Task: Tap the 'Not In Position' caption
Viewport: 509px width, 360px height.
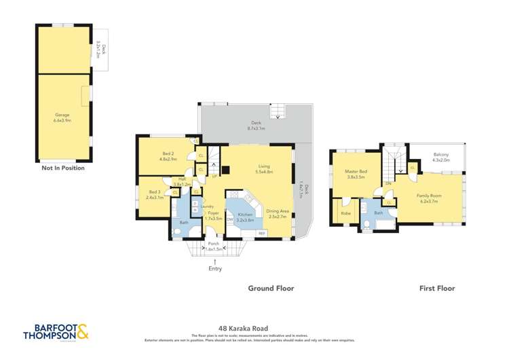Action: (x=63, y=168)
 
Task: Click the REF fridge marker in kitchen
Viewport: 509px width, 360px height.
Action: (x=262, y=234)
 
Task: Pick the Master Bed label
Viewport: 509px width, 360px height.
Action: (x=356, y=175)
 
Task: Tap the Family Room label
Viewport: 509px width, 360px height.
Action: (x=429, y=198)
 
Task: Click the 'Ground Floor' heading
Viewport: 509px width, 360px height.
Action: (x=271, y=288)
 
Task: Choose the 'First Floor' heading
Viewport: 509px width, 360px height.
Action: (x=436, y=288)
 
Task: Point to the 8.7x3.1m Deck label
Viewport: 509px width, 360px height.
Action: (x=256, y=125)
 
